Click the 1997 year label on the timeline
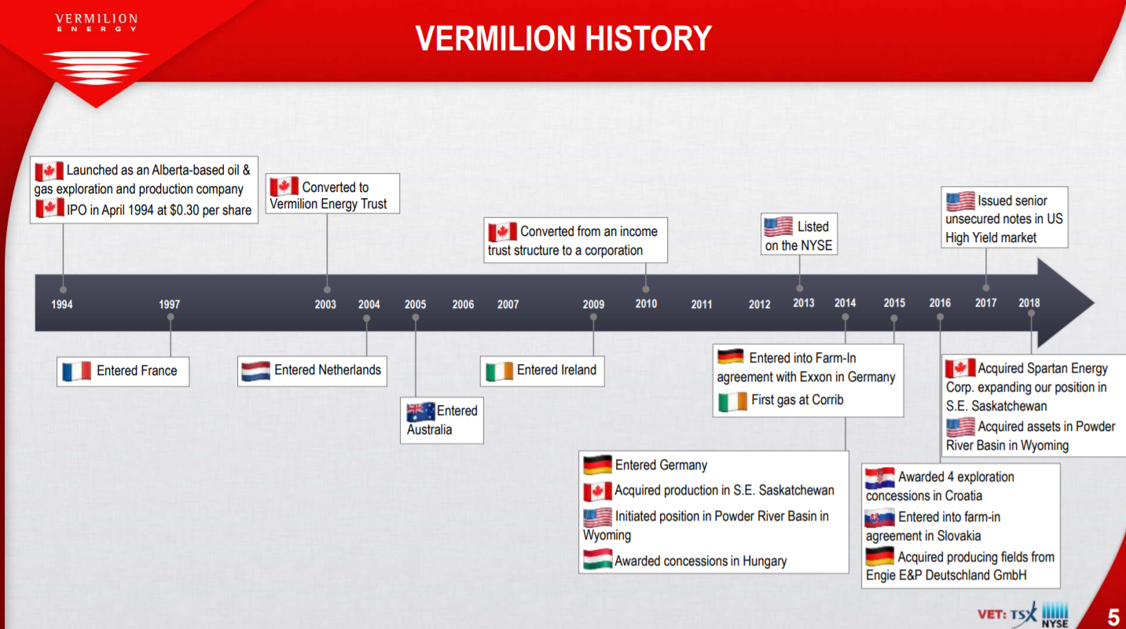point(169,304)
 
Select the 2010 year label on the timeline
point(646,303)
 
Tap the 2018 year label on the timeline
point(1029,303)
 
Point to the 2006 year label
point(463,304)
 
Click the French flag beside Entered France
point(76,371)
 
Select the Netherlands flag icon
point(255,371)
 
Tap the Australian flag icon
point(420,412)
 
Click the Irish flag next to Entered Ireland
point(499,371)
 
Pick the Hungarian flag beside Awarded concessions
point(598,559)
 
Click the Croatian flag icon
point(880,478)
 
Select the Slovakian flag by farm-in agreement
point(880,517)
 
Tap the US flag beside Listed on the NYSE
point(778,226)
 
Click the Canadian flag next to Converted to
point(284,186)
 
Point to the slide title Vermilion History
point(563,39)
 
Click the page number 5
point(1113,616)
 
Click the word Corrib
point(827,399)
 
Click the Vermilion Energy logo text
point(96,22)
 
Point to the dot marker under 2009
point(593,318)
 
